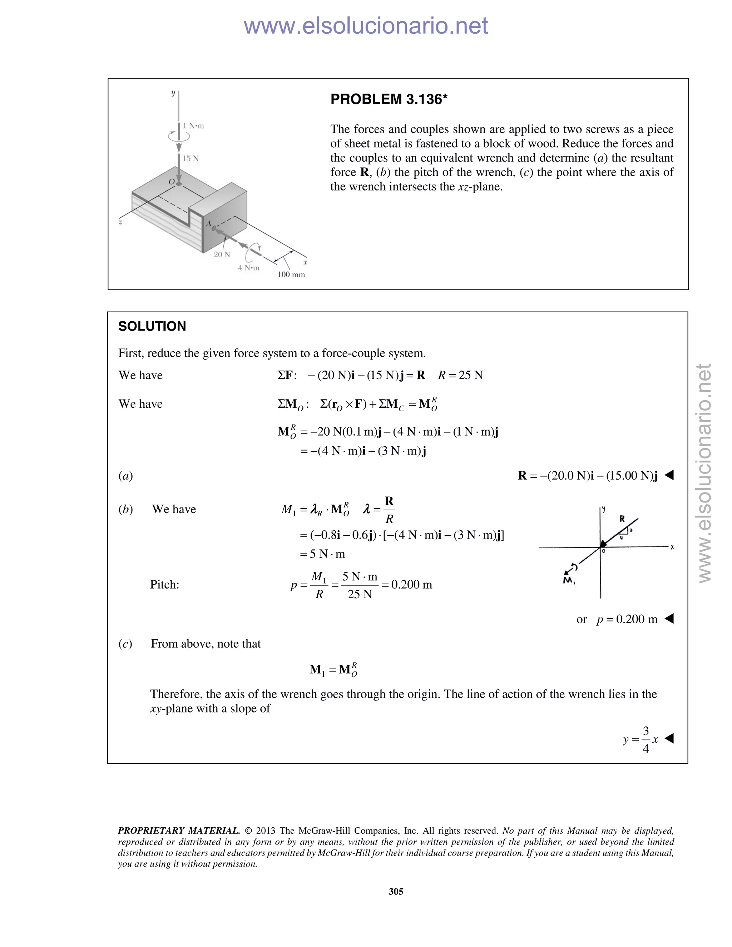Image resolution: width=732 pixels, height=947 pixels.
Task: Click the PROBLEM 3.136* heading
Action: [x=389, y=99]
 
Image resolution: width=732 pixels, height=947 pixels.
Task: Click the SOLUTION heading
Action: [x=152, y=327]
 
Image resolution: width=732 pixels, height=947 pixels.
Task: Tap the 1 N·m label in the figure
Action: [x=193, y=126]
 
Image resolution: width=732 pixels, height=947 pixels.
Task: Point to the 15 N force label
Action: [x=191, y=159]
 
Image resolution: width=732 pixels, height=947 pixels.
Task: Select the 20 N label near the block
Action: [x=222, y=254]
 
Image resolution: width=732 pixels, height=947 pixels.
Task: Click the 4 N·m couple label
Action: [x=248, y=268]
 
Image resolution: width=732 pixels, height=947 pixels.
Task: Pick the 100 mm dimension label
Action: [x=291, y=275]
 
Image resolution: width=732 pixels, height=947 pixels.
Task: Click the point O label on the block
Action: [x=172, y=182]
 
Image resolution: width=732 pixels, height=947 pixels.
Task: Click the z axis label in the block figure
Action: [x=120, y=222]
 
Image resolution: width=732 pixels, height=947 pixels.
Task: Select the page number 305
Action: [x=396, y=892]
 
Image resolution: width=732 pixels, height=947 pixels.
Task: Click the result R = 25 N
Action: [x=460, y=375]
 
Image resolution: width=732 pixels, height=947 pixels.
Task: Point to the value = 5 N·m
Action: [x=322, y=554]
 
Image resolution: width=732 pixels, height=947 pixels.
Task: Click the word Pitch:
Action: [x=164, y=585]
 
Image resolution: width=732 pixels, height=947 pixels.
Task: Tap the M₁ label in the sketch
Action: [x=569, y=580]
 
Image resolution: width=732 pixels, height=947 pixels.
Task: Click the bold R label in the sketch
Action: [x=622, y=519]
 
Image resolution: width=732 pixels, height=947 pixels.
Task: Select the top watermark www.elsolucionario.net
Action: [x=366, y=26]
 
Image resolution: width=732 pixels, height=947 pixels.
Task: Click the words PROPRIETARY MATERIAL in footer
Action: [x=179, y=831]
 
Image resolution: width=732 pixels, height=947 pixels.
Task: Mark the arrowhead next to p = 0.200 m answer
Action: [x=669, y=619]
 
